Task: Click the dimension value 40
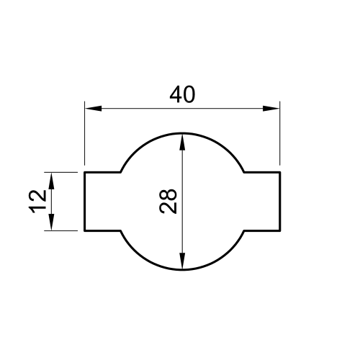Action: click(x=182, y=94)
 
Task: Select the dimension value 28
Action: click(x=168, y=202)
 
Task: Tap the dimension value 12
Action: click(x=39, y=202)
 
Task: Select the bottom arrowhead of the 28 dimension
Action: click(x=182, y=262)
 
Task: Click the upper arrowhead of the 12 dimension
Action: click(x=51, y=181)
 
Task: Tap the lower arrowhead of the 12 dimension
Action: click(x=51, y=223)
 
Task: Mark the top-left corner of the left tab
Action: click(x=85, y=173)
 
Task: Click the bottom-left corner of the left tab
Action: click(x=85, y=231)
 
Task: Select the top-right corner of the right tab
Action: click(x=279, y=173)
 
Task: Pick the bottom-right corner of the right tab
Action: click(x=279, y=231)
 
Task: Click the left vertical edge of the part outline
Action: click(x=85, y=202)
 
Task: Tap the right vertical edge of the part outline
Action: click(x=279, y=202)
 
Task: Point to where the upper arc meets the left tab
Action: click(x=120, y=173)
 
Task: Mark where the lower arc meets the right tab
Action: click(x=244, y=231)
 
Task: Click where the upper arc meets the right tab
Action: click(x=244, y=173)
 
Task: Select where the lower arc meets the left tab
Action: click(x=120, y=231)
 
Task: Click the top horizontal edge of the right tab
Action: click(x=262, y=173)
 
